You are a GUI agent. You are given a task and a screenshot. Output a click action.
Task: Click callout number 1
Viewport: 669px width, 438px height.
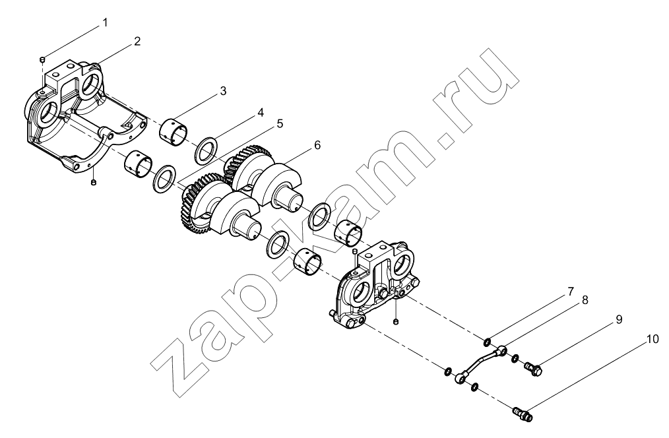[104, 22]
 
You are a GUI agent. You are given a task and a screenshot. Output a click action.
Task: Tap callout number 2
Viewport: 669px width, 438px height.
[137, 42]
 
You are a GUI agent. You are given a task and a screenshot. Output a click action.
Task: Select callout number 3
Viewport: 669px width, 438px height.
[223, 91]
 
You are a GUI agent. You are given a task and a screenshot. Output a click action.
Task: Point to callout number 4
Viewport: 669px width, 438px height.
[260, 113]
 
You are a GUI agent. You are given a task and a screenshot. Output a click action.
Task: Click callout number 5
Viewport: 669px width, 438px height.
[279, 123]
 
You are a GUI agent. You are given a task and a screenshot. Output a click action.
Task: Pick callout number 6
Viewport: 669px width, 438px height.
[317, 145]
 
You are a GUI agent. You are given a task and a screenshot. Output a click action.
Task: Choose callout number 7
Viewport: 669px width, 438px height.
[570, 292]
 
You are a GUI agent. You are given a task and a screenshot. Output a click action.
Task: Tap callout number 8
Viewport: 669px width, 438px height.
[585, 300]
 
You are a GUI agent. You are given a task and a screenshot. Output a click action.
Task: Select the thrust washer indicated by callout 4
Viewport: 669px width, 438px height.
[207, 149]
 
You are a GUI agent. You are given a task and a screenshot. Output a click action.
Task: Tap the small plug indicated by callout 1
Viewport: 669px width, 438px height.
[42, 59]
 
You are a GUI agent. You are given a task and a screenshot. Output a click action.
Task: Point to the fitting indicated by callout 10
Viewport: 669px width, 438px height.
[523, 414]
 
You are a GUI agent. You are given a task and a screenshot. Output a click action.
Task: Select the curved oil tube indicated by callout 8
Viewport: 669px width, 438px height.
[482, 363]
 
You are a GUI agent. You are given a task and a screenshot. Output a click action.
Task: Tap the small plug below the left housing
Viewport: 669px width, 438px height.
[94, 183]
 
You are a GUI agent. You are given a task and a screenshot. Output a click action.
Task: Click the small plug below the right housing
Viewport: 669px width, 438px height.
[397, 321]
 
